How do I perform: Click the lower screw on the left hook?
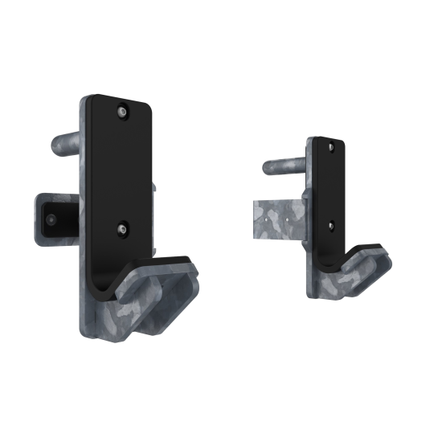tap(122, 229)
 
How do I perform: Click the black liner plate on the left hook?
tap(121, 169)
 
